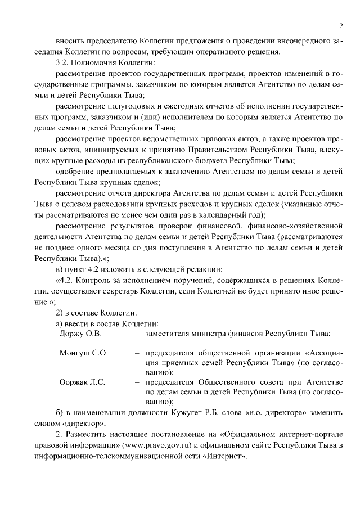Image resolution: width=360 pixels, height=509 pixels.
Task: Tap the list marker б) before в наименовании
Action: point(59,412)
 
